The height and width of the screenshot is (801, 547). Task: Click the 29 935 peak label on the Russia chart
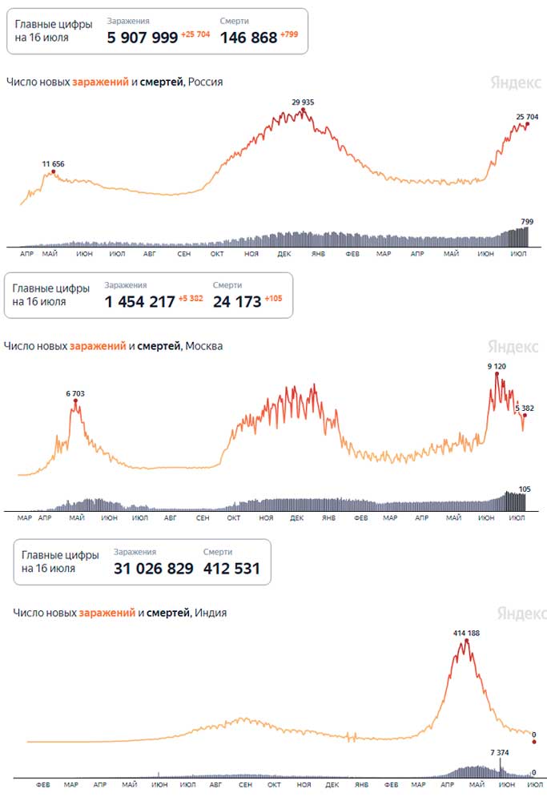(303, 103)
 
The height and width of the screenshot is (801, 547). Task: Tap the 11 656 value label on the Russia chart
(53, 164)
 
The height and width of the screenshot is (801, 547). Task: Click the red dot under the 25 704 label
(528, 124)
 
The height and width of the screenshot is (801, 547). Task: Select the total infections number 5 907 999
(143, 38)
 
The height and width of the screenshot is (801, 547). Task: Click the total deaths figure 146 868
(249, 38)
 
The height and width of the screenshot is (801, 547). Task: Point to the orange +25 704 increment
(195, 34)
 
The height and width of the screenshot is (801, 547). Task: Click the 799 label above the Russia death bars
(527, 222)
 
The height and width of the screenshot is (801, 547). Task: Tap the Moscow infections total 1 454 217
(140, 301)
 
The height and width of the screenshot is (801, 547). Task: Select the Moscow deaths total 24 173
(237, 301)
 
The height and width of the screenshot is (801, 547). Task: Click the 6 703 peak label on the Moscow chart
(75, 393)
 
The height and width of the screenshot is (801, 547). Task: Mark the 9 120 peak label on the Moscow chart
(497, 366)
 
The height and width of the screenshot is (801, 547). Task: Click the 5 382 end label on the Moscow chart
(525, 409)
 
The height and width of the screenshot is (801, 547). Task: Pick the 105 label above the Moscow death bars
(525, 489)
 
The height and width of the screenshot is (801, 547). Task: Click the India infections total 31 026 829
(154, 568)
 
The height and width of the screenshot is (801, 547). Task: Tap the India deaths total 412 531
(232, 568)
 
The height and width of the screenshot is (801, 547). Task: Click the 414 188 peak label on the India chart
(466, 633)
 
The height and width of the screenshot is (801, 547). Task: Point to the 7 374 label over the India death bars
(500, 752)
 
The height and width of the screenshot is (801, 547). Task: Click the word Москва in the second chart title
(203, 346)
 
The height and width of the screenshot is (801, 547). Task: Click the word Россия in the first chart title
(205, 82)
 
